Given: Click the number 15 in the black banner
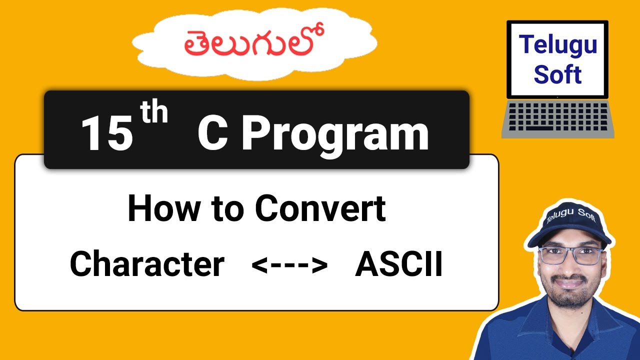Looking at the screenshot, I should tap(106, 132).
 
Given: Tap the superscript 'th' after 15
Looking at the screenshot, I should tap(153, 113).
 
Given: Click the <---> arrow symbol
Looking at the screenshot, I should tap(289, 265).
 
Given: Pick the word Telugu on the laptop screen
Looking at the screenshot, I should tap(557, 44).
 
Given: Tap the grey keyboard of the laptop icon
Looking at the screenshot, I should tap(557, 118).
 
